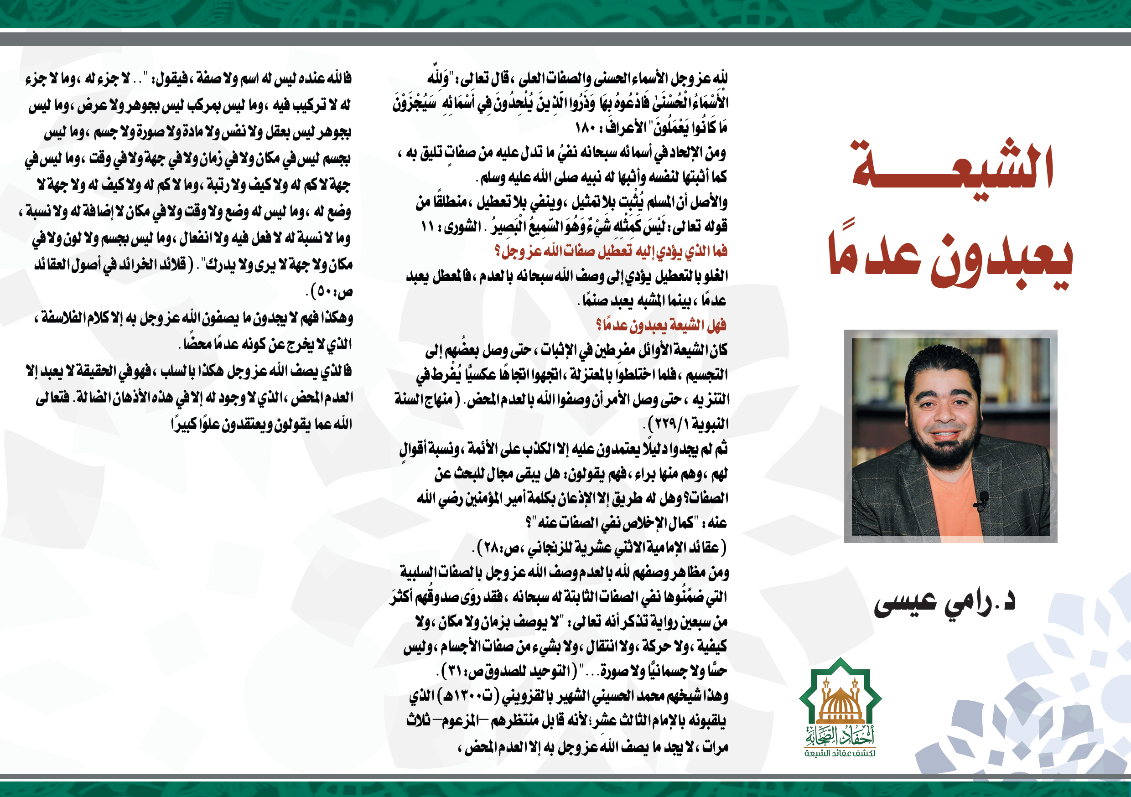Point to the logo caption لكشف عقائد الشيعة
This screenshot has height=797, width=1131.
(x=840, y=753)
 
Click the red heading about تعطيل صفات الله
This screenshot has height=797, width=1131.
(x=611, y=252)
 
